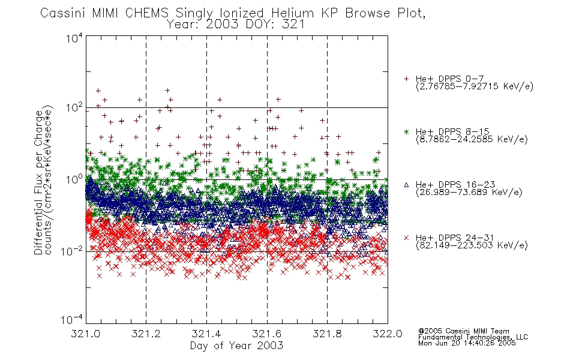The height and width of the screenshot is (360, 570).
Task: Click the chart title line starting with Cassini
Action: [233, 13]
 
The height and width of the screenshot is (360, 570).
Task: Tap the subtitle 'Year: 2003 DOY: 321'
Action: [236, 25]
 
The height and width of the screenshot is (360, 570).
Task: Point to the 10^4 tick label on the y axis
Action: [74, 38]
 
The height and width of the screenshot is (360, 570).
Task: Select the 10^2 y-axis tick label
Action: [74, 108]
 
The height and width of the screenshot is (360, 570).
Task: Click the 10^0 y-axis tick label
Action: [74, 179]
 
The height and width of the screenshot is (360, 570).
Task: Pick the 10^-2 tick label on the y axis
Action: [72, 251]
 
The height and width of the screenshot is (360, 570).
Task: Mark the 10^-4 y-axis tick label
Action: [72, 320]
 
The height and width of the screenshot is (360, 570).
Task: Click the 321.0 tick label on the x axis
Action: [85, 334]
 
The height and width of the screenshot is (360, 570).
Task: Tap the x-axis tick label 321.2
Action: [146, 334]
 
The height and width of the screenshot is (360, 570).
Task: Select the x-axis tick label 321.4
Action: [206, 334]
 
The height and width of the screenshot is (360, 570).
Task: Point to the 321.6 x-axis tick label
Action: [267, 334]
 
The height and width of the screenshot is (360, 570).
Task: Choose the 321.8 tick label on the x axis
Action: [327, 334]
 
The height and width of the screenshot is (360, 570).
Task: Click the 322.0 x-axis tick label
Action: [388, 334]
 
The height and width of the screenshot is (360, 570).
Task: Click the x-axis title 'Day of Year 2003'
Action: [236, 346]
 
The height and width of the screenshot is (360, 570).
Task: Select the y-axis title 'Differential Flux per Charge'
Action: [38, 182]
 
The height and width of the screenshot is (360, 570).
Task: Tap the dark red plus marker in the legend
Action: [406, 79]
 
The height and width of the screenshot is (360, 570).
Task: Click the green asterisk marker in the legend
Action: [406, 131]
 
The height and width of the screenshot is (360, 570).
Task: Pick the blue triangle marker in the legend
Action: [406, 185]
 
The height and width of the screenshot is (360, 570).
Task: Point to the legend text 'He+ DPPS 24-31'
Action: [455, 238]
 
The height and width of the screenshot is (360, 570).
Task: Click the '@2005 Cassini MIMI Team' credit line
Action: [463, 331]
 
